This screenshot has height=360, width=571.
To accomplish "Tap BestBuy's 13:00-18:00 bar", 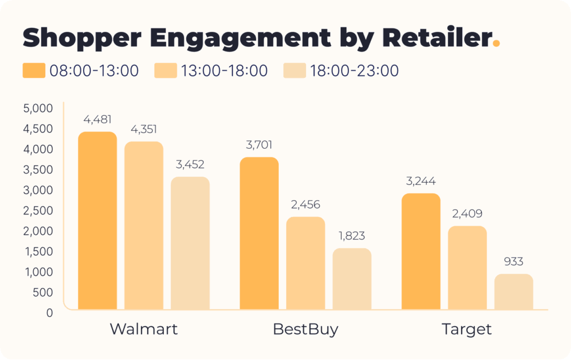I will click(306, 262).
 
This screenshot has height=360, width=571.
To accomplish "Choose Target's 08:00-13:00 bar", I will click(421, 251).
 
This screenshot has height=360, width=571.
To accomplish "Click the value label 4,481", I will click(98, 119).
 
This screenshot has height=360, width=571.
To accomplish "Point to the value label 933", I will click(514, 261).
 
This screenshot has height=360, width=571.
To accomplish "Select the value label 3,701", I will click(259, 145).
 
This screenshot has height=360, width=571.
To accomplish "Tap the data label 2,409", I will click(467, 213).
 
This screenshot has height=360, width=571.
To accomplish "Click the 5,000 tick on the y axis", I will click(37, 108).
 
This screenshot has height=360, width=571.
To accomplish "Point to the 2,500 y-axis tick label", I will click(37, 211).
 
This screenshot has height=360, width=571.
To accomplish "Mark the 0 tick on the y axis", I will click(49, 313).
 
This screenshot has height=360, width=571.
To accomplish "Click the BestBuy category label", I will click(306, 329).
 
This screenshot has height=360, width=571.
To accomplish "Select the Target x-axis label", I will click(467, 329).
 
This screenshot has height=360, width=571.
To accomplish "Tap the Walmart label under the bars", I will click(144, 329).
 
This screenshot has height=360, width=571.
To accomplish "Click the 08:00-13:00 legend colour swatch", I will click(33, 71).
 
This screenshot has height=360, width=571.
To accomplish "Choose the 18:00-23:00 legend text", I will click(354, 71).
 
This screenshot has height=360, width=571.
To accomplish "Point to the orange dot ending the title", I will click(496, 43).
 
